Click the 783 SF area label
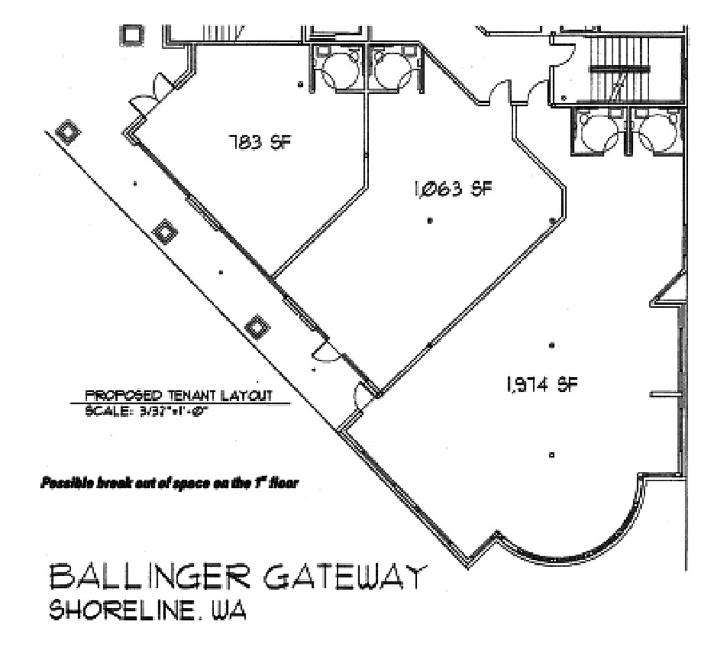tap(259, 144)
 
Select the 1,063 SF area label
tap(448, 188)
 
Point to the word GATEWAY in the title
tap(344, 577)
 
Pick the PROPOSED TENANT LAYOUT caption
tap(178, 395)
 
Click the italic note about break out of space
tap(170, 482)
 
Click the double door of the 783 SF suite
tap(153, 96)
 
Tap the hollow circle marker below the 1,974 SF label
tap(552, 455)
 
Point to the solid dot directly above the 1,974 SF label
tap(552, 345)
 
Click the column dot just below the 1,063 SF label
tap(430, 221)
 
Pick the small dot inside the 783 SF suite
tap(301, 85)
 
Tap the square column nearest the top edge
tap(132, 35)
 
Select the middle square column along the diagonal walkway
tap(165, 231)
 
